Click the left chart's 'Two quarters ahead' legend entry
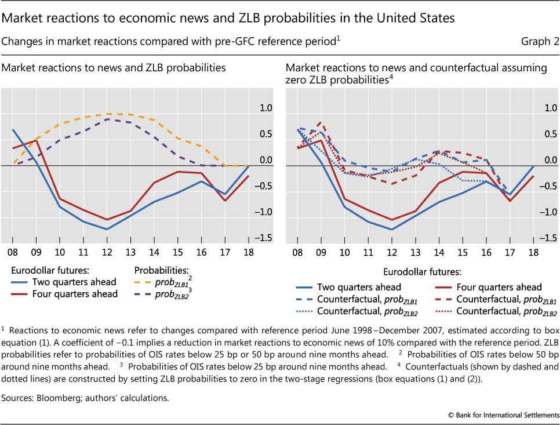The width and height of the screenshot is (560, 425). [64, 282]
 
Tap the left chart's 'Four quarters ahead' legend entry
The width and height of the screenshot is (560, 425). [64, 294]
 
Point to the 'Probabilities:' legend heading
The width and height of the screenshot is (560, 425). [161, 270]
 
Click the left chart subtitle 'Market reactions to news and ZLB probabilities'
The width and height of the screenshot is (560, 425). [114, 68]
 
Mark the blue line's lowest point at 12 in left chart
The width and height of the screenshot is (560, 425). [107, 230]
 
